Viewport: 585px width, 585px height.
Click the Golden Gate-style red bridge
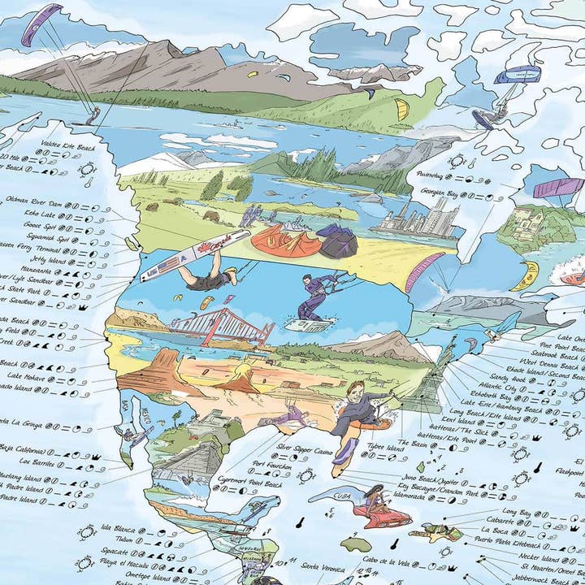pos(221,325)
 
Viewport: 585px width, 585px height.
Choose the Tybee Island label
pos(384,447)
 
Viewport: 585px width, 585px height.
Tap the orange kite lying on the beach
pos(276,240)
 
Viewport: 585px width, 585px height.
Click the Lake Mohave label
pos(27,375)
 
